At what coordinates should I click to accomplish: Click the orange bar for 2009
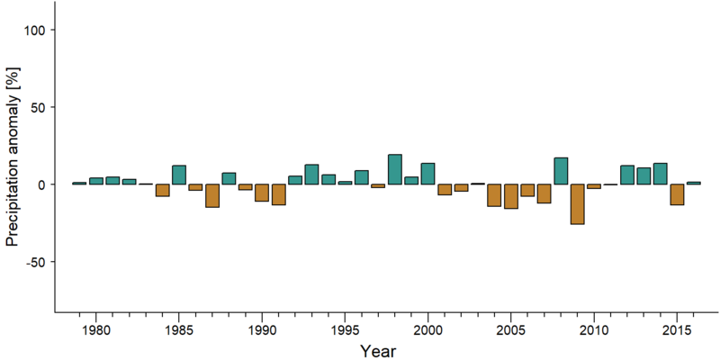[x=577, y=204]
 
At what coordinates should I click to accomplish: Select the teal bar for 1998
[x=395, y=169]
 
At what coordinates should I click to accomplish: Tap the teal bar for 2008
[x=561, y=171]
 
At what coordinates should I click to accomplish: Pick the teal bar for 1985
[x=179, y=175]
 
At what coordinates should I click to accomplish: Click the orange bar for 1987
[x=212, y=195]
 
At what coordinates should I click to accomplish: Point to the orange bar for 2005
[x=510, y=196]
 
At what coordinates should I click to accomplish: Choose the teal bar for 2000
[x=428, y=174]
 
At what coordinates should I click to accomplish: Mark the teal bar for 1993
[x=311, y=175]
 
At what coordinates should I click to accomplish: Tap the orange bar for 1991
[x=279, y=194]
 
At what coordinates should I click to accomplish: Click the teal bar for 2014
[x=661, y=174]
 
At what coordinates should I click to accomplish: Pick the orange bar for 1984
[x=163, y=190]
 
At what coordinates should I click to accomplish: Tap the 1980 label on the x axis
[x=96, y=331]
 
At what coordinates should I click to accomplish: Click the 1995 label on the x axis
[x=345, y=331]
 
